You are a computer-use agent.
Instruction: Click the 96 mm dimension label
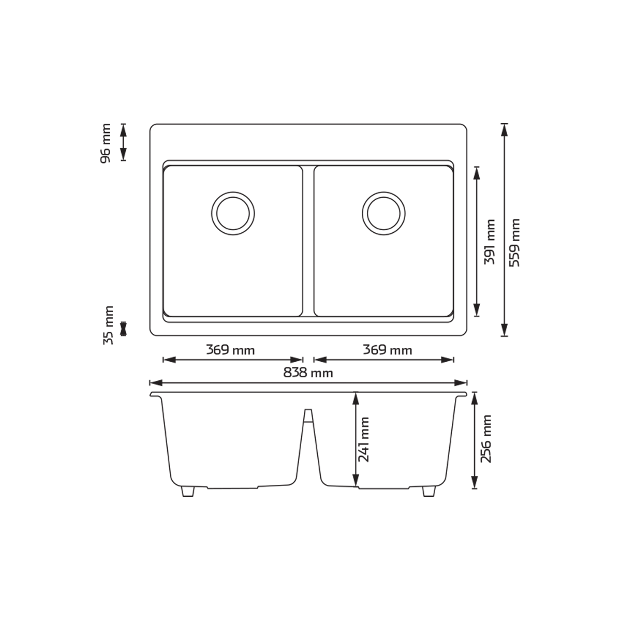(106, 143)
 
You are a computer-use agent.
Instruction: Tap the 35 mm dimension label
(108, 326)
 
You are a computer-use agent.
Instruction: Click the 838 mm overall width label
(308, 373)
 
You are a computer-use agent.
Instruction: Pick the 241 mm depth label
(364, 439)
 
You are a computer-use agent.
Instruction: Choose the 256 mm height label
(486, 439)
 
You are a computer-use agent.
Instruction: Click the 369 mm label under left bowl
(230, 350)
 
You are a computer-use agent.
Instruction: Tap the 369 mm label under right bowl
(388, 350)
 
